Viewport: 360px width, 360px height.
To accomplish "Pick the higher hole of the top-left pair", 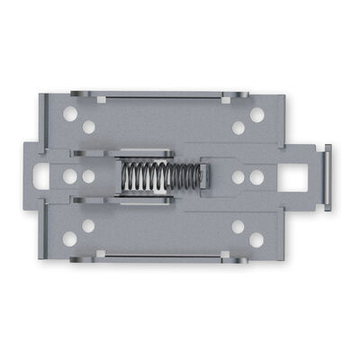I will pyautogui.click(x=70, y=114).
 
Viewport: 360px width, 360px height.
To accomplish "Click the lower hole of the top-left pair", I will pyautogui.click(x=88, y=127).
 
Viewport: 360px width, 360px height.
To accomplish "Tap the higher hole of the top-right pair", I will pyautogui.click(x=256, y=114).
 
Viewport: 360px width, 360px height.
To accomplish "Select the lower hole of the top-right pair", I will pyautogui.click(x=238, y=127).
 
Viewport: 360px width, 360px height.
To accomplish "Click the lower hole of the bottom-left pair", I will pyautogui.click(x=70, y=239).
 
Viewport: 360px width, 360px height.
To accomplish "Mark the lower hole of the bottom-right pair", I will pyautogui.click(x=256, y=239).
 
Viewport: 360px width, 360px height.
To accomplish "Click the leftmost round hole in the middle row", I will pyautogui.click(x=70, y=177).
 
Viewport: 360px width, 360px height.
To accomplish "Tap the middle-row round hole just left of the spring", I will pyautogui.click(x=88, y=177).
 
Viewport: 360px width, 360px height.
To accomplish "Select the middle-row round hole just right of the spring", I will pyautogui.click(x=238, y=177).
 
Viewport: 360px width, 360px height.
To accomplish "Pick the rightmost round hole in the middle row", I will pyautogui.click(x=256, y=177).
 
